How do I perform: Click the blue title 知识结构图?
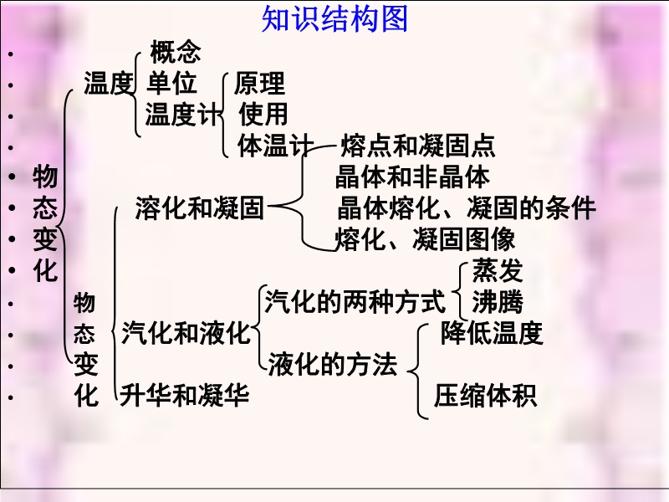[335, 18]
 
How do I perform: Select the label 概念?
[176, 52]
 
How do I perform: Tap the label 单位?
[171, 83]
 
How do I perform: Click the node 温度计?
[183, 114]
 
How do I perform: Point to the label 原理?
[259, 83]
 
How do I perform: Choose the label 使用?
[263, 114]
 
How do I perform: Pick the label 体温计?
[276, 145]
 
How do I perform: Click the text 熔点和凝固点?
[417, 146]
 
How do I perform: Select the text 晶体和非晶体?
[412, 177]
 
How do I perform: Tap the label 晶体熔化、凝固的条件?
[467, 207]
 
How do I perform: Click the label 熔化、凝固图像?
[426, 239]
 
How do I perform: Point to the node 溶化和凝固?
[200, 208]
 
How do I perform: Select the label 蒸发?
[498, 270]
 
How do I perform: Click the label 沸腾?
[498, 302]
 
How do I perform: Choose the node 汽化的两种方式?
[355, 301]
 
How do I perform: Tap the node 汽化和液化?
[186, 333]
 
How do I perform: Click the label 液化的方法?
[333, 364]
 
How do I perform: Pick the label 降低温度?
[492, 333]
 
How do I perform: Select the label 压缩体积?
[486, 395]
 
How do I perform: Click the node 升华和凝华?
[184, 395]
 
